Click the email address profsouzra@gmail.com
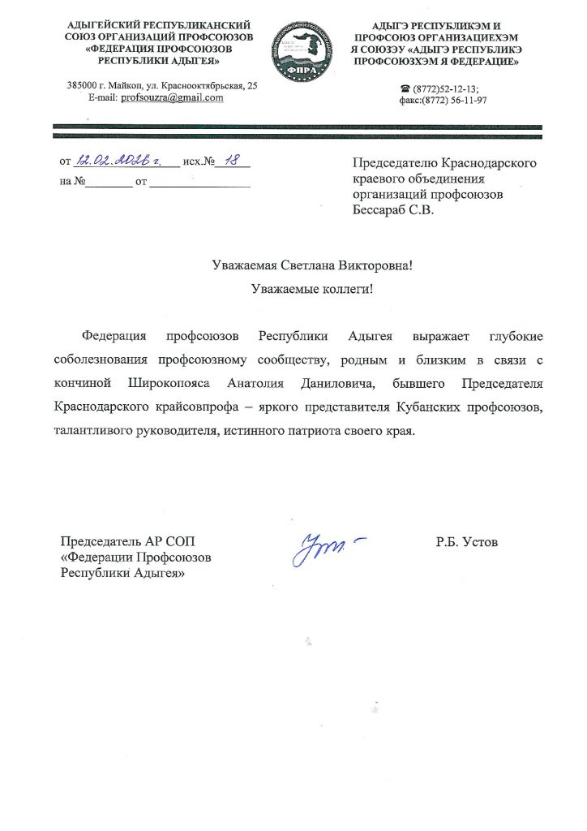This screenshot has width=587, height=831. point(172,97)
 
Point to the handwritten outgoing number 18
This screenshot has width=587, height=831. point(232,161)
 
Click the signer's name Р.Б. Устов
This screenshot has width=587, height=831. point(466,541)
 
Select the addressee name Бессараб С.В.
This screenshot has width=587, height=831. point(393,211)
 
